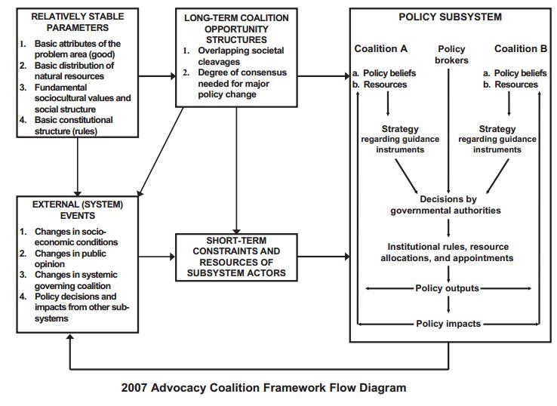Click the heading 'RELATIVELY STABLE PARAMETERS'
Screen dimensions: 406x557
tap(77, 21)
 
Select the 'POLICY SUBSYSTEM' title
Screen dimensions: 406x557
tap(449, 17)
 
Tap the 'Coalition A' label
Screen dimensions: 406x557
tap(380, 49)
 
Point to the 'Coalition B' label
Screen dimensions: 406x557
tap(521, 49)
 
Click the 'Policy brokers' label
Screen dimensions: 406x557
tap(452, 54)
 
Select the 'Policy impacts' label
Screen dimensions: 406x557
tap(448, 324)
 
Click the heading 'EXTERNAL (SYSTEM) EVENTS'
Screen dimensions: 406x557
tap(77, 209)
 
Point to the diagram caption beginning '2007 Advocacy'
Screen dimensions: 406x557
tap(263, 388)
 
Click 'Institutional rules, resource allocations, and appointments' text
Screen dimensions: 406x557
tap(448, 252)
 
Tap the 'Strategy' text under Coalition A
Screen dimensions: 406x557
tap(400, 129)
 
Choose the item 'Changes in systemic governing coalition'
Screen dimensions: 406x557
tap(72, 280)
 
